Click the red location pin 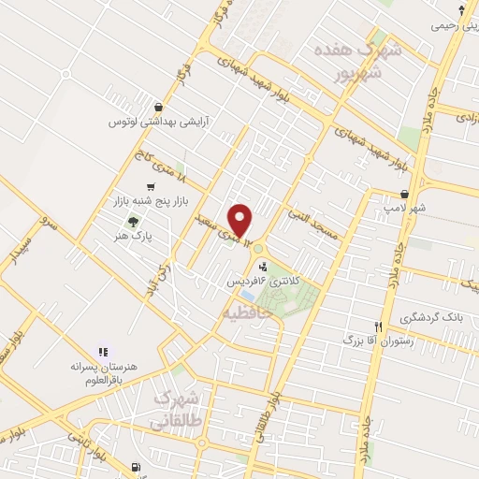click(241, 220)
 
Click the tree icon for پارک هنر click(132, 222)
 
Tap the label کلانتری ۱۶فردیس click(258, 280)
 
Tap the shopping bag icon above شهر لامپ click(402, 194)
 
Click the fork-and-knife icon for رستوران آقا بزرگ click(378, 327)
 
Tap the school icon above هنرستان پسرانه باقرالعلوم click(103, 350)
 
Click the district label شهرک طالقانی click(177, 409)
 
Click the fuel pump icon click(138, 466)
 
